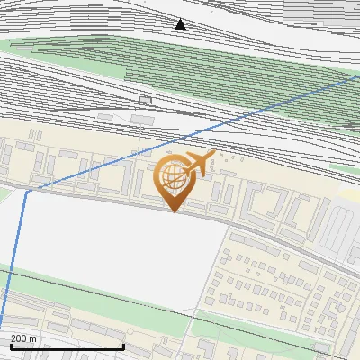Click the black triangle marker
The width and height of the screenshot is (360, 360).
coord(181,24)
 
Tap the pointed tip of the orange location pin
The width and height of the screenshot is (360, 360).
coord(175,212)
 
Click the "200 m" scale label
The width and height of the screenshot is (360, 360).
coord(23,338)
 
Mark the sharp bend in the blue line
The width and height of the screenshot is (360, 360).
coord(28,190)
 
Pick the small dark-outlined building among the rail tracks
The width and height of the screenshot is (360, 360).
coord(146,99)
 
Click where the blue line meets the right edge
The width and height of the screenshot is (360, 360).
coord(358,76)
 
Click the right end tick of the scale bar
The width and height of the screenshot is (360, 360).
coord(123,345)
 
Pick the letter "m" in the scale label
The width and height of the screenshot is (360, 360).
coord(33,338)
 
